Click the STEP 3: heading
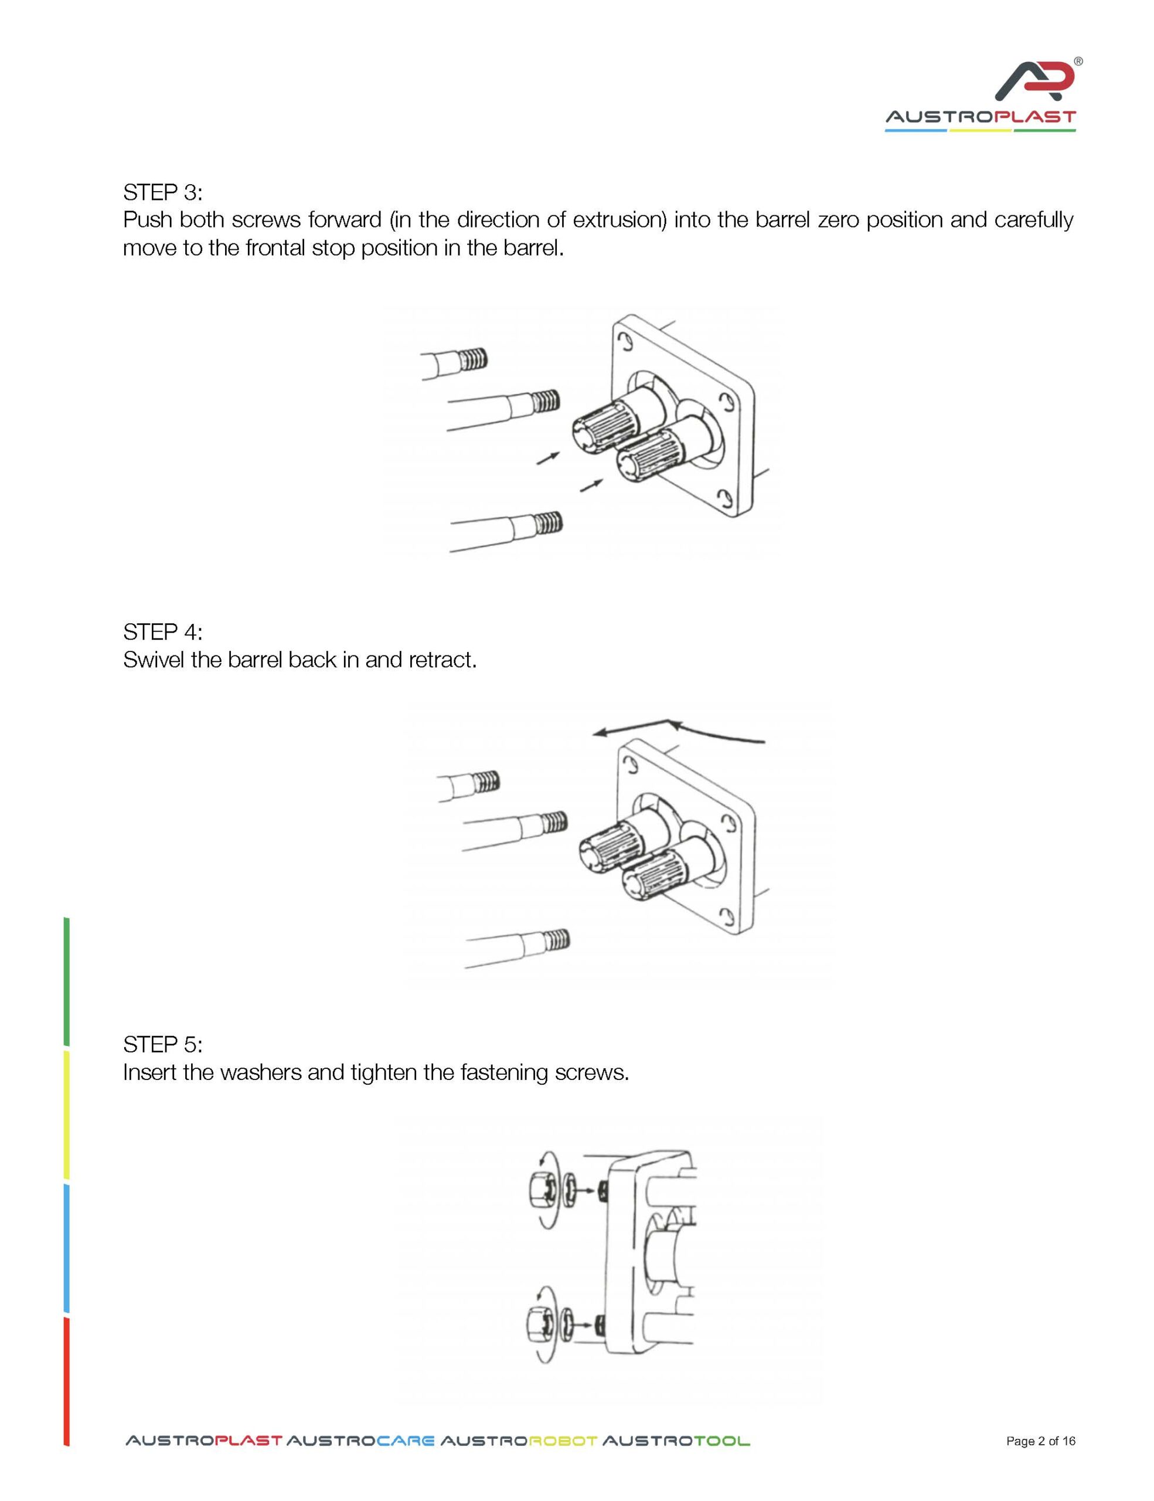click(x=163, y=192)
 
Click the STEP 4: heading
click(x=163, y=631)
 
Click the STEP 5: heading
click(x=163, y=1045)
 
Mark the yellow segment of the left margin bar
click(x=67, y=1115)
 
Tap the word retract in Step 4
click(x=442, y=660)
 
